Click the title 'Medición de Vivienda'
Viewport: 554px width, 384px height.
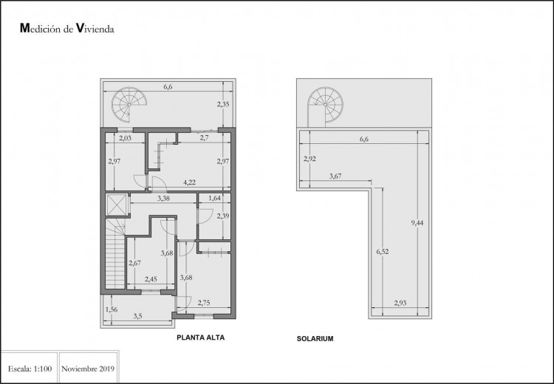(x=67, y=29)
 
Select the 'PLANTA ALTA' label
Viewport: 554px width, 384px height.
(x=200, y=337)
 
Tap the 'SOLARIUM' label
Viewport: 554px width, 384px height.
(x=315, y=339)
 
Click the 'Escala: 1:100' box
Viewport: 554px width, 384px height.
(x=30, y=368)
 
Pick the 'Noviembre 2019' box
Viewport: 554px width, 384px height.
(x=89, y=368)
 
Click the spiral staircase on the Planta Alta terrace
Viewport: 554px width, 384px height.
(x=129, y=105)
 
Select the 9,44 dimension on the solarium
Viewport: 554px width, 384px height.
(x=417, y=223)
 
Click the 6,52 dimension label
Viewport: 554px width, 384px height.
(x=383, y=252)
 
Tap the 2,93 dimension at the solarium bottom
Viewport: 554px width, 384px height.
(x=400, y=303)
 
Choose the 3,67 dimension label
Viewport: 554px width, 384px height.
(x=335, y=176)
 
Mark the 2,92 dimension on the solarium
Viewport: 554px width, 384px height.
(x=310, y=159)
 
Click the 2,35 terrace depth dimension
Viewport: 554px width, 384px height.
(x=223, y=104)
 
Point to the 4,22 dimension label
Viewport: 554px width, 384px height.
(x=189, y=182)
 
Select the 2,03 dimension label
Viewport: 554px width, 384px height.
(x=125, y=138)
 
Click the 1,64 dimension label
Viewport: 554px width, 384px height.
(x=214, y=198)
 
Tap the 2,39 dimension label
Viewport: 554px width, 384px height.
(x=223, y=216)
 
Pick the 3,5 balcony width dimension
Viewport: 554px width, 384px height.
(x=138, y=317)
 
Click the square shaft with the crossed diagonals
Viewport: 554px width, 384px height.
(x=117, y=205)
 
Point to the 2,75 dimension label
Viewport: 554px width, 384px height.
(x=204, y=303)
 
